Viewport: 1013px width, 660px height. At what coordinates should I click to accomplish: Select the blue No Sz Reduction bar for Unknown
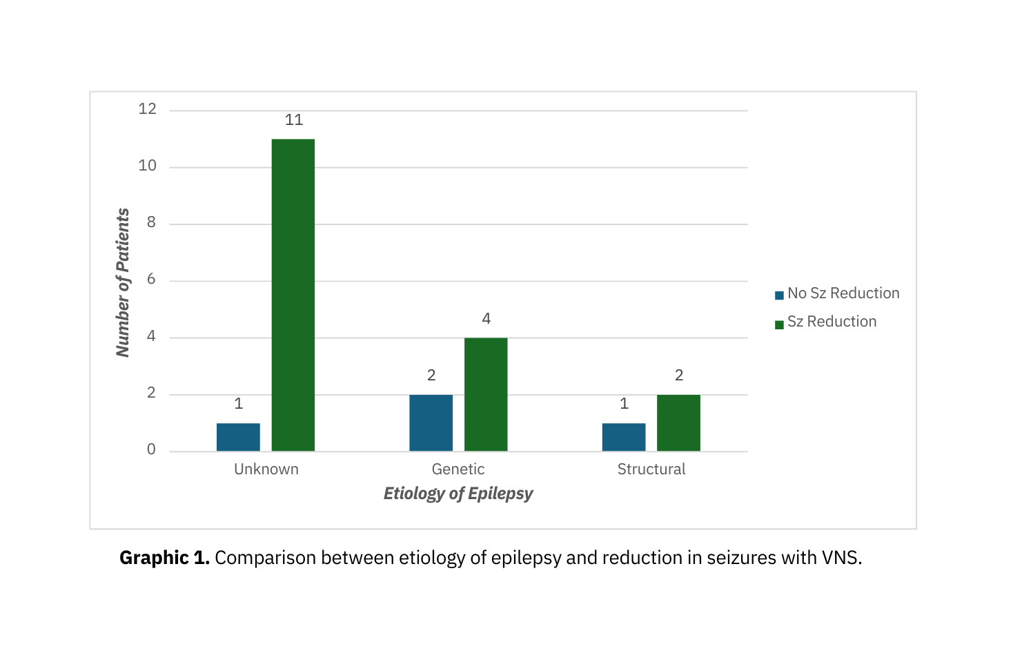[x=238, y=437]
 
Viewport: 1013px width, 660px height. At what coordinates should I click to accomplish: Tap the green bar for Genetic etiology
[x=486, y=394]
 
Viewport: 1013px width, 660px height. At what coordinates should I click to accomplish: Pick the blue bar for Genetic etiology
[x=431, y=423]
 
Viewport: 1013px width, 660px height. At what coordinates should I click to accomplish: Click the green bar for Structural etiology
[x=678, y=423]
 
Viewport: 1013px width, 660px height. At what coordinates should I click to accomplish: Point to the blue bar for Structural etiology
[x=624, y=437]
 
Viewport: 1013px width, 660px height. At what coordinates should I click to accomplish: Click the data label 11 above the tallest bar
[x=294, y=120]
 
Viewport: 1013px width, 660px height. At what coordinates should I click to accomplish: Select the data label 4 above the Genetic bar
[x=486, y=319]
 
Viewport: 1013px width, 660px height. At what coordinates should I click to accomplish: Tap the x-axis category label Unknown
[x=266, y=469]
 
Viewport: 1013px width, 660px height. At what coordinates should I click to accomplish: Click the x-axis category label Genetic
[x=458, y=469]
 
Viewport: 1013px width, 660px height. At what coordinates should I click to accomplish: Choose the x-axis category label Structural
[x=651, y=469]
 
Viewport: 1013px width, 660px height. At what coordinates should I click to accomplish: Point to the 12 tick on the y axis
[x=148, y=109]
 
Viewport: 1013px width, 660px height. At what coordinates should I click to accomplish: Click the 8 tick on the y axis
[x=151, y=223]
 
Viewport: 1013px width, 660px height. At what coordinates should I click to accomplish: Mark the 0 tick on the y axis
[x=151, y=450]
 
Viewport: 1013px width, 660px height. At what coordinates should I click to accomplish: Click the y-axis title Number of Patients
[x=124, y=282]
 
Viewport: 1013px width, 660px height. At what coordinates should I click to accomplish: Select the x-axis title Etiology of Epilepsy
[x=458, y=494]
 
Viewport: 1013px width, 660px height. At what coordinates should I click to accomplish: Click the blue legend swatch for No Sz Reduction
[x=779, y=295]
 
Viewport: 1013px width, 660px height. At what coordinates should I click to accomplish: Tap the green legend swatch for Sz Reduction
[x=779, y=324]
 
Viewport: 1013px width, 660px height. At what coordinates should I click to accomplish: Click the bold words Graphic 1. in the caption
[x=164, y=558]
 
